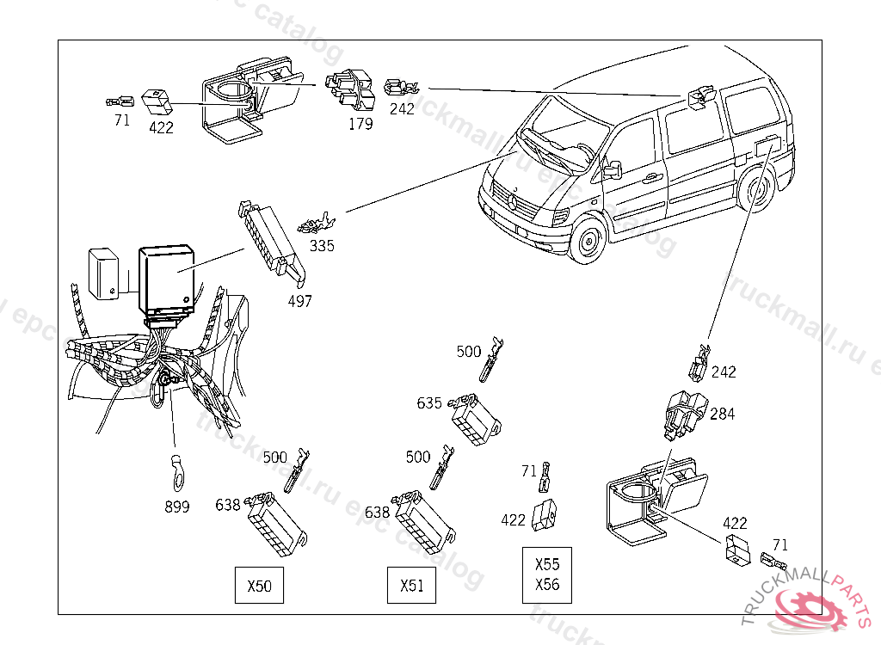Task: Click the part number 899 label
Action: click(x=177, y=507)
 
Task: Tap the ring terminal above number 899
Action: click(x=177, y=470)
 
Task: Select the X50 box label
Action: click(x=259, y=587)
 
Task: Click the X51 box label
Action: click(x=412, y=587)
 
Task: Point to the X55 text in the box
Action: click(x=547, y=565)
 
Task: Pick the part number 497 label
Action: click(x=299, y=302)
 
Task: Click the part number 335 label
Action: click(x=323, y=246)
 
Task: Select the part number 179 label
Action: click(x=360, y=124)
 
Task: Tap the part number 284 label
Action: click(x=723, y=414)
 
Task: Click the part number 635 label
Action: click(x=429, y=402)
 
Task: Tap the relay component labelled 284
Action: click(x=686, y=412)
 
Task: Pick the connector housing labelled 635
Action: click(x=476, y=419)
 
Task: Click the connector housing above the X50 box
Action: click(x=274, y=524)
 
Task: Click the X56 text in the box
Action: click(x=547, y=585)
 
